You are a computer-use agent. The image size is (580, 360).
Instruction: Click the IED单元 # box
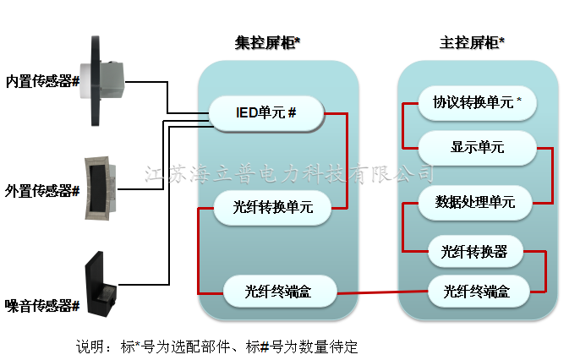[265, 112]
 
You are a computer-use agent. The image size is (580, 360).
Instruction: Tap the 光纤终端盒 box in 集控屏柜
[279, 292]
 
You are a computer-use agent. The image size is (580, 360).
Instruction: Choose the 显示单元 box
[477, 147]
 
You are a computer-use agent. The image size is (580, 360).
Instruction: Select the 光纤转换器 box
[474, 251]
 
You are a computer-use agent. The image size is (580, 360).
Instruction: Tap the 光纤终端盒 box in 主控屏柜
[479, 292]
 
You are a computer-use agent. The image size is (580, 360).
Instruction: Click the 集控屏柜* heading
[268, 43]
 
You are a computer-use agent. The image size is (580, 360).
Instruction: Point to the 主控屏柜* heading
[472, 43]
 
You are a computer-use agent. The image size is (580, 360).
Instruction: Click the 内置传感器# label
[42, 82]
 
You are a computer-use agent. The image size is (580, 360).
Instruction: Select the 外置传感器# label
[42, 190]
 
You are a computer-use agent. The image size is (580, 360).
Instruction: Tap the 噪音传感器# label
[42, 304]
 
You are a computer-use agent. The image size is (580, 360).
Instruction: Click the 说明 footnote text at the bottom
[217, 346]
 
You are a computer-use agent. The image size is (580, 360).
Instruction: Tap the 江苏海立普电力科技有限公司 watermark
[289, 174]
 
